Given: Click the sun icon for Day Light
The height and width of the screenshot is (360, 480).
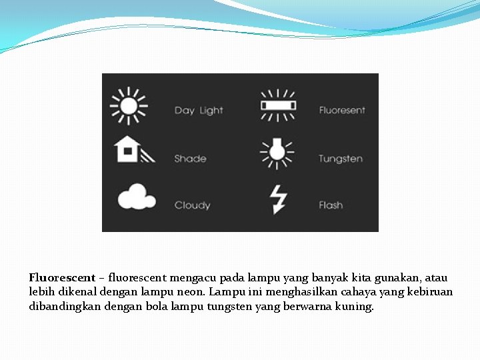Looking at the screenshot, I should click(129, 106).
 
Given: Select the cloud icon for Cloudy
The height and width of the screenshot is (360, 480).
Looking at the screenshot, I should click(136, 197).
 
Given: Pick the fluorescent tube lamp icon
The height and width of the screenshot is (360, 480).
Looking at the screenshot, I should click(277, 105).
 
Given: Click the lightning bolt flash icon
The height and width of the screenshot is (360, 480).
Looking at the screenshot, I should click(278, 199).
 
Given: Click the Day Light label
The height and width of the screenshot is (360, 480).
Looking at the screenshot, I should click(199, 111).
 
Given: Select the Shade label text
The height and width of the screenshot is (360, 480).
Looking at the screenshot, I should click(190, 159).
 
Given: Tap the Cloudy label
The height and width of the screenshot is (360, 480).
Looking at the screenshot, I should click(192, 205).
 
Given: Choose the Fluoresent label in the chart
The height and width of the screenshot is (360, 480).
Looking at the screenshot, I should click(342, 111).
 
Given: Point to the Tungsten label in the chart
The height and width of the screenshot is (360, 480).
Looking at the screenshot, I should click(341, 159).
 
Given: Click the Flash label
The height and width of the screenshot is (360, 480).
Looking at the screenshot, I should click(331, 205).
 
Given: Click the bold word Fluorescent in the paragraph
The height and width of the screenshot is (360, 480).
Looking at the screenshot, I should click(62, 277).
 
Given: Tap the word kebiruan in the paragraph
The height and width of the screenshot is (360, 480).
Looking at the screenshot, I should click(429, 292).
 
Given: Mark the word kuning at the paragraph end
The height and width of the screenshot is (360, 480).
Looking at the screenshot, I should click(357, 307).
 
